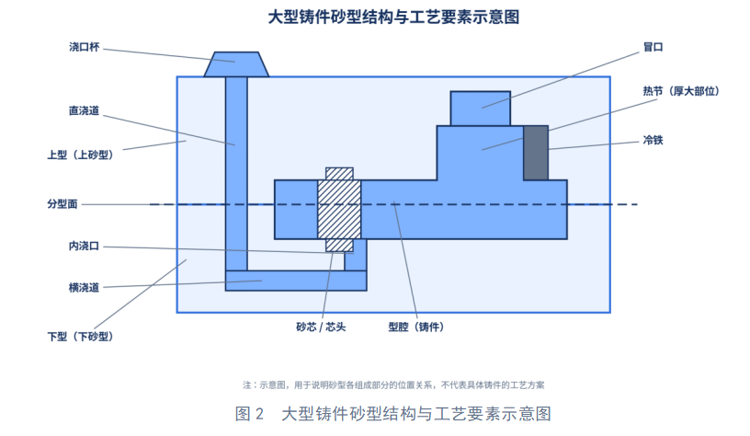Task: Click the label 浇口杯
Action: (x=85, y=47)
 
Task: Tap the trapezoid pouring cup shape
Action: (x=236, y=64)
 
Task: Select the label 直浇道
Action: (x=84, y=110)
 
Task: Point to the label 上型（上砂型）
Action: (x=80, y=155)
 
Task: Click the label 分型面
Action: (x=62, y=204)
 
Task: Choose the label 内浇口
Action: (x=84, y=246)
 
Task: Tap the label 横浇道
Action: (x=84, y=288)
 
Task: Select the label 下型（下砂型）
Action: (x=80, y=337)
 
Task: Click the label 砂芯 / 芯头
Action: (x=321, y=327)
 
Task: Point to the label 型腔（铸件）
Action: (x=416, y=327)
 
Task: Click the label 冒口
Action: (x=653, y=47)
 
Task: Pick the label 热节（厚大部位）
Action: (x=681, y=91)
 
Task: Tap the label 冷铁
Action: (x=653, y=140)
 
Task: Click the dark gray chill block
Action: (x=536, y=153)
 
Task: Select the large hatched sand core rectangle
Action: (x=339, y=210)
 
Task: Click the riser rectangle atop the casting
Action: (x=480, y=109)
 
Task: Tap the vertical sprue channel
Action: (x=236, y=173)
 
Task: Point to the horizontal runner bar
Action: (x=296, y=281)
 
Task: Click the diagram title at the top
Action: (x=393, y=17)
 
